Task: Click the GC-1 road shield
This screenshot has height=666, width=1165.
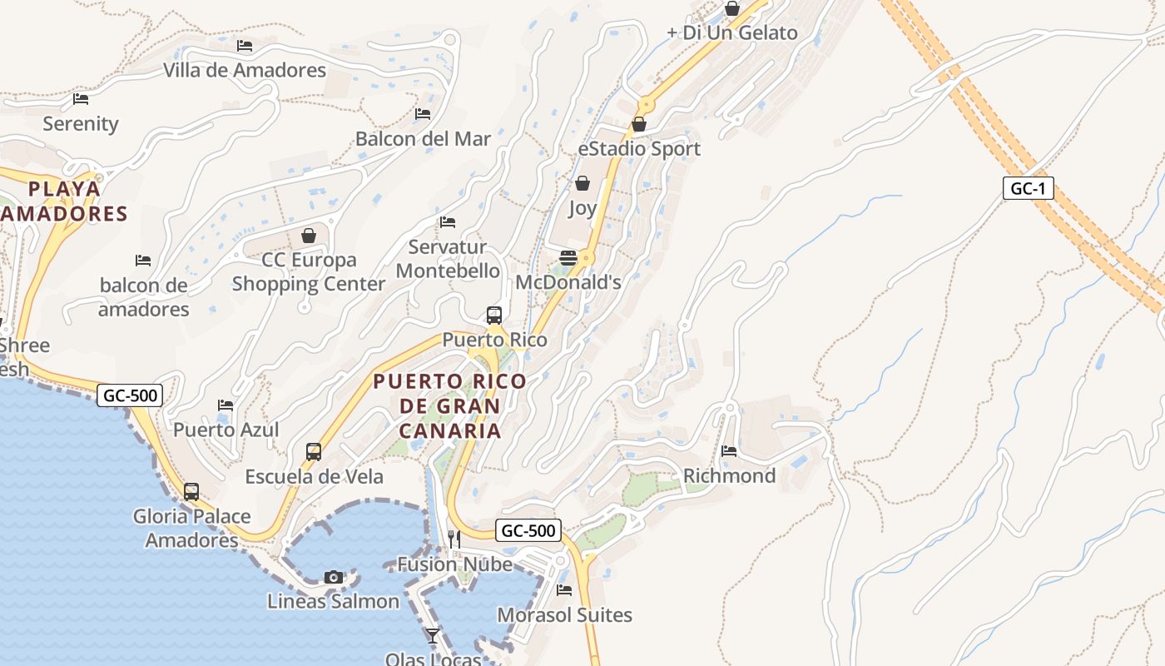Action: point(1028,189)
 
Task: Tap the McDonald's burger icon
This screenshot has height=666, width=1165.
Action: point(568,258)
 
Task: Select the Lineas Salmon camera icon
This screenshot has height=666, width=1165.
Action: point(334,577)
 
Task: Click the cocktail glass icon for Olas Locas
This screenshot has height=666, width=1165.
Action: point(433,636)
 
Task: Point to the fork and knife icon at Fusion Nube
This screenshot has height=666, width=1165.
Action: point(454,539)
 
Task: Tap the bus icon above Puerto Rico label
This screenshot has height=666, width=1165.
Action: point(494,316)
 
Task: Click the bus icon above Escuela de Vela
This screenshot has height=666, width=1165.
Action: point(314,452)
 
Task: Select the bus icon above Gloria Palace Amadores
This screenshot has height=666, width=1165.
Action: point(191,492)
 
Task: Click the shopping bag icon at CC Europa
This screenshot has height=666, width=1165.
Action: point(309,236)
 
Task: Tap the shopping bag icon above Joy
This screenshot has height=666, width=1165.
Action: point(582,183)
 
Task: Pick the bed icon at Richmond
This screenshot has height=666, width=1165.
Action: point(729,451)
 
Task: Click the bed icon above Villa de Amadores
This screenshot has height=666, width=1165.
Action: point(245,46)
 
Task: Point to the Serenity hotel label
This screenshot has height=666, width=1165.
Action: point(81,124)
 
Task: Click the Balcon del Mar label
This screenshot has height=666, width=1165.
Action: point(423,138)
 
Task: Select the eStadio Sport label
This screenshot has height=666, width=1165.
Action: point(639,149)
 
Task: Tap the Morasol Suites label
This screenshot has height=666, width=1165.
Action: point(564,615)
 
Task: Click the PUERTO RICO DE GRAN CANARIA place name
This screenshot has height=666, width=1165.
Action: point(450,406)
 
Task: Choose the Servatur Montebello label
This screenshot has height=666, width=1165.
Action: point(448,259)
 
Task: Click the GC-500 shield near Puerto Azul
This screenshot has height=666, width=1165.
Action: point(130,395)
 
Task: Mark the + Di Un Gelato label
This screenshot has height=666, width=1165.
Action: point(732,33)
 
